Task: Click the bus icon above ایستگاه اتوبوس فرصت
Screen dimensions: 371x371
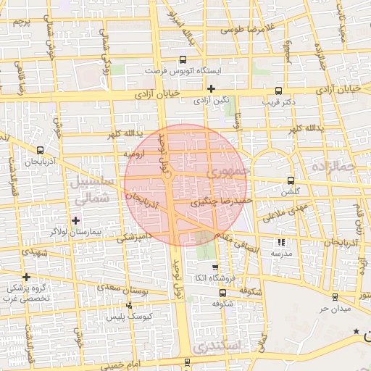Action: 182,61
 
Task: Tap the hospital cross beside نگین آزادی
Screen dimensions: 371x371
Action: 210,88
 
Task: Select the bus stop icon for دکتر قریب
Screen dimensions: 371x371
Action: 279,91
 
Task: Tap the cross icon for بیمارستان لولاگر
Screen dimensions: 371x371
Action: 75,220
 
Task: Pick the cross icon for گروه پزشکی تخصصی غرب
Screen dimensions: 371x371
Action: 26,277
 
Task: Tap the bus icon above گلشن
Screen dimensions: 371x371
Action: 291,180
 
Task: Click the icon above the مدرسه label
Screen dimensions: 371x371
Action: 280,243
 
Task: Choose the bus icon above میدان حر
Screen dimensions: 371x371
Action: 335,297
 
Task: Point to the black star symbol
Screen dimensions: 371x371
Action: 356,332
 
